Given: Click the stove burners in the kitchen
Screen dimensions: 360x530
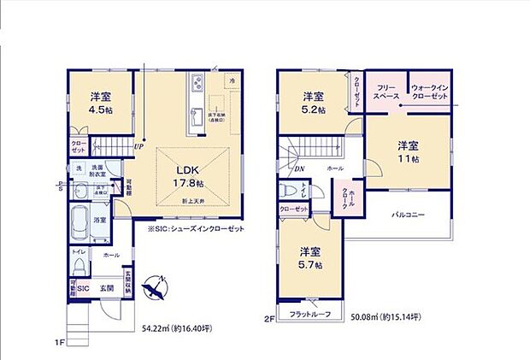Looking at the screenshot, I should (x=196, y=84).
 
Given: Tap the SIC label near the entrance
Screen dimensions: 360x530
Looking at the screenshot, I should (x=84, y=289).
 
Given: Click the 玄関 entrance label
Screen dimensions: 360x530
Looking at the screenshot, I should (x=107, y=289).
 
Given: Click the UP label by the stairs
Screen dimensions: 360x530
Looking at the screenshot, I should (x=137, y=146).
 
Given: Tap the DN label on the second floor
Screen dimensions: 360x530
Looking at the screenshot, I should (x=300, y=169).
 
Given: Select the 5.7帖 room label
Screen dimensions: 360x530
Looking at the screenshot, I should (x=309, y=258).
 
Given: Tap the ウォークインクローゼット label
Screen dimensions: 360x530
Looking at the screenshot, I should (x=429, y=92).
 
